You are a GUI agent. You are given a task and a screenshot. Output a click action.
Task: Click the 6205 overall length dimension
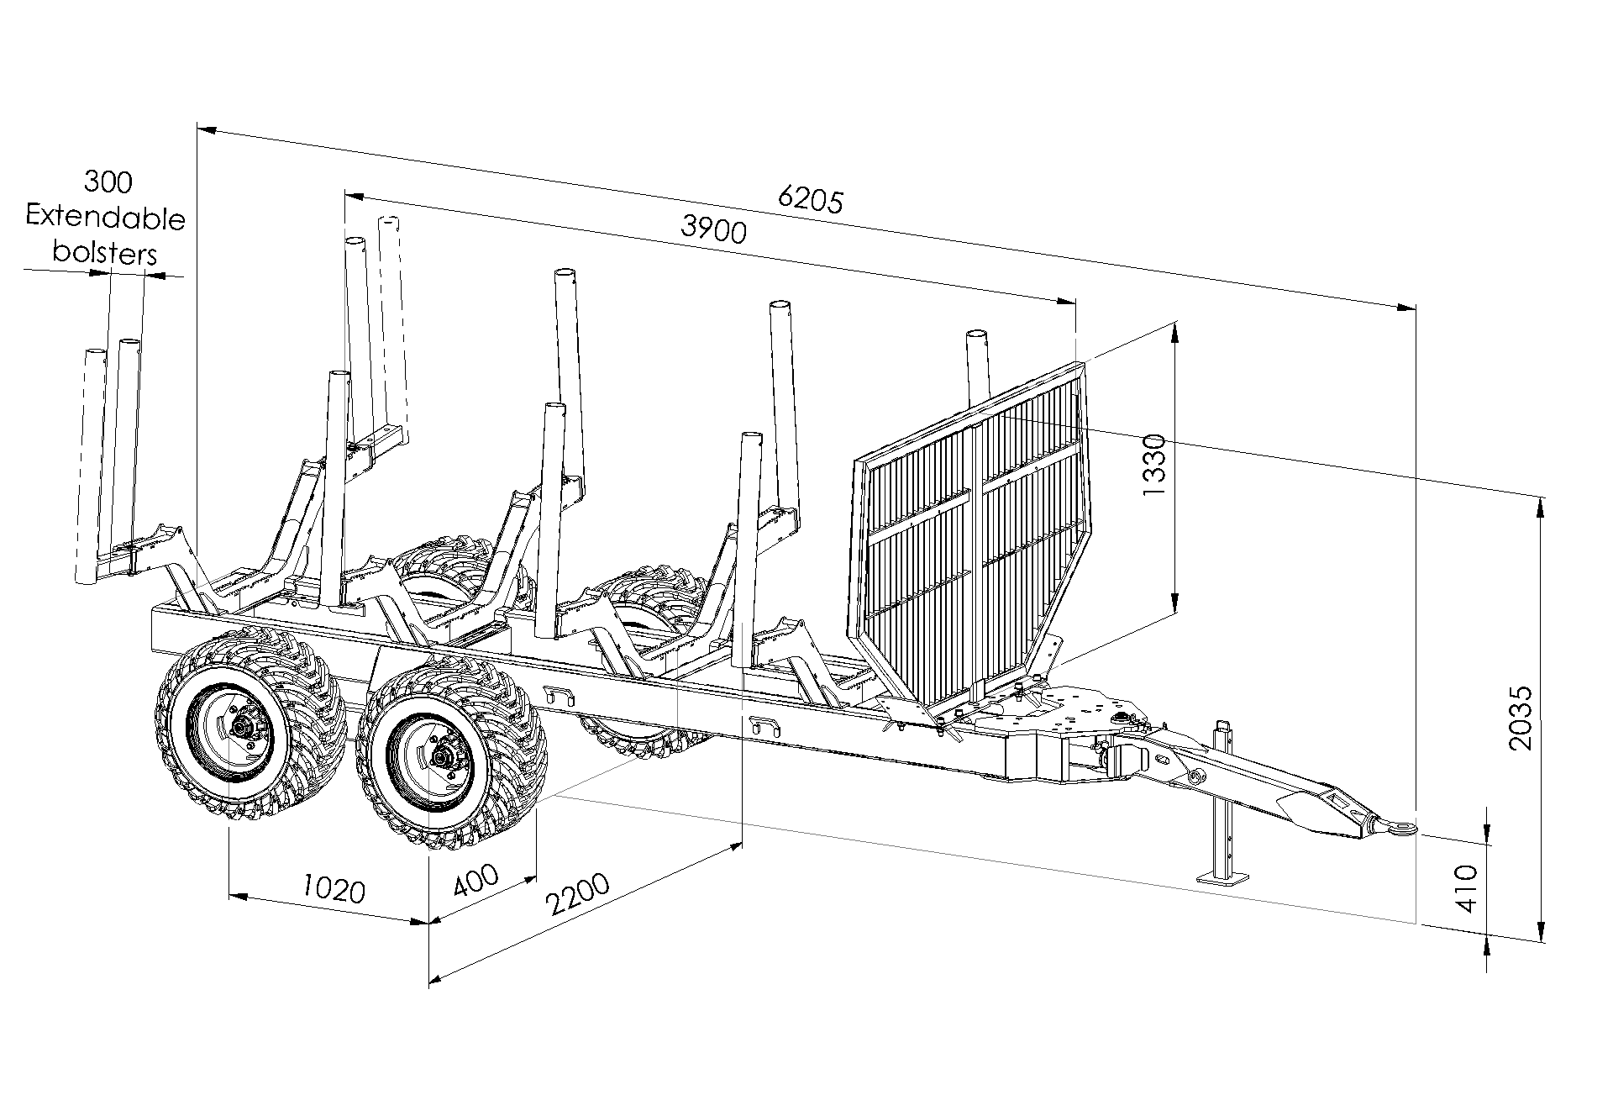810,200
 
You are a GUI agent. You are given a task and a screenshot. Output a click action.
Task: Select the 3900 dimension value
713,229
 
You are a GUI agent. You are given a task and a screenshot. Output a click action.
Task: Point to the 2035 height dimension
1520,718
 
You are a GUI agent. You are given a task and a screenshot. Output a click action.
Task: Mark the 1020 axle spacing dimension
334,889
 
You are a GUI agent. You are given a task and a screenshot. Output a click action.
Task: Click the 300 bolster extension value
108,182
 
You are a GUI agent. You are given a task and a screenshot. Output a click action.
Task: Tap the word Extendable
105,218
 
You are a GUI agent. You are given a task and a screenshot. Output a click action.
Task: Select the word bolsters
105,253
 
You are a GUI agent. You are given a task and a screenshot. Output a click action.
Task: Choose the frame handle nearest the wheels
559,693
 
